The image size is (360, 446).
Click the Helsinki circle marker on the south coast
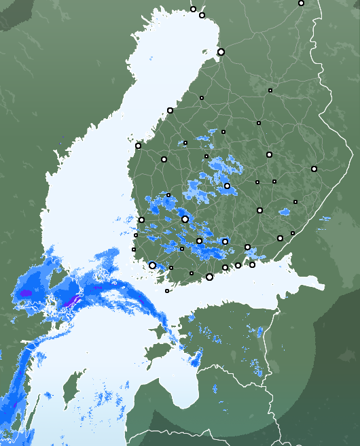[x=209, y=277]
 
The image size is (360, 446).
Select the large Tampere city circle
[x=185, y=219]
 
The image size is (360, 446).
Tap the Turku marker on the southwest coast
[x=152, y=265]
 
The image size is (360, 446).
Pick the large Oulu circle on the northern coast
[x=221, y=52]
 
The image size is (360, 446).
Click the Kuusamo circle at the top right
[x=301, y=3]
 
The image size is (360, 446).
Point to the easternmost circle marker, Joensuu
[x=314, y=169]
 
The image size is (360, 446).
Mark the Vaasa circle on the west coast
[x=138, y=145]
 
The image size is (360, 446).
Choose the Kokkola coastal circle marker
[x=170, y=110]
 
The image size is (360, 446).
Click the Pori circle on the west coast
[x=141, y=220]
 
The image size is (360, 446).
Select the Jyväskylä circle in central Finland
[x=227, y=186]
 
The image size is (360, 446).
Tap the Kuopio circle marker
[x=269, y=155]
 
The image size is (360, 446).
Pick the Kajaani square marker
[x=270, y=90]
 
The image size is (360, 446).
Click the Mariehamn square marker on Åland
[x=167, y=291]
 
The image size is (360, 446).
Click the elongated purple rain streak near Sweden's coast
[x=73, y=298]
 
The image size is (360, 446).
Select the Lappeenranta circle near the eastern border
[x=280, y=238]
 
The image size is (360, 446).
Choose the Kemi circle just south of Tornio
[x=202, y=15]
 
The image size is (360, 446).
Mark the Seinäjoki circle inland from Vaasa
[x=164, y=159]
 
